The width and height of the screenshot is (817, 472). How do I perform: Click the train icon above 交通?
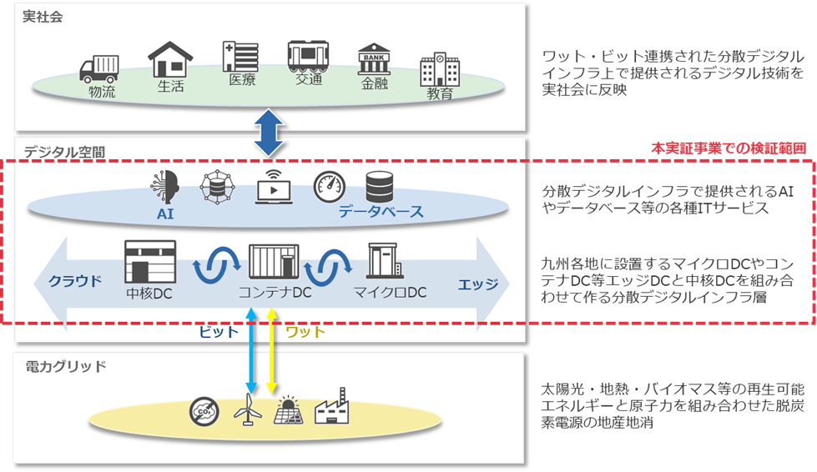308,56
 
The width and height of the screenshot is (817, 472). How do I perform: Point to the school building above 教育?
439,69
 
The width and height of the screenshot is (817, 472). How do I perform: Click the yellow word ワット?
305,331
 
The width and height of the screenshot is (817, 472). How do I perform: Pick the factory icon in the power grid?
331,406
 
